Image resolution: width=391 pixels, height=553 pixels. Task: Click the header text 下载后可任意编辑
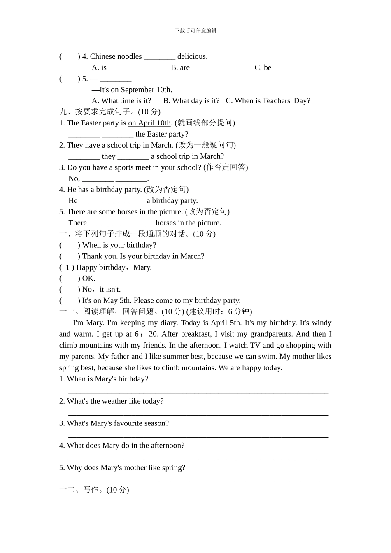click(195, 30)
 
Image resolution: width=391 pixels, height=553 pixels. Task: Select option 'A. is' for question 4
click(99, 67)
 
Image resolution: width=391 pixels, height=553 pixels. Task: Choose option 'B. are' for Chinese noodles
click(180, 67)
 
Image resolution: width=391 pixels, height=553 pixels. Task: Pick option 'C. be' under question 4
click(263, 67)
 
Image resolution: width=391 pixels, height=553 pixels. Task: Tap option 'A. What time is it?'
click(121, 101)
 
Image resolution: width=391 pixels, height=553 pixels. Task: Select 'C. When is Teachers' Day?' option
click(268, 101)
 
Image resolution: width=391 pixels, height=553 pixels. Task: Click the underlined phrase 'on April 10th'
click(149, 123)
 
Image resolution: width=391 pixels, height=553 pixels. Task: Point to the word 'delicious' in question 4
click(192, 56)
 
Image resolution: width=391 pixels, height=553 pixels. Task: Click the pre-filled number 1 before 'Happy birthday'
click(68, 267)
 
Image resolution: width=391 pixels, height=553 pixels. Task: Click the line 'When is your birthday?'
click(119, 245)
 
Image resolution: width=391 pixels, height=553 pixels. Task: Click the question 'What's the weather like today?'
click(115, 401)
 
